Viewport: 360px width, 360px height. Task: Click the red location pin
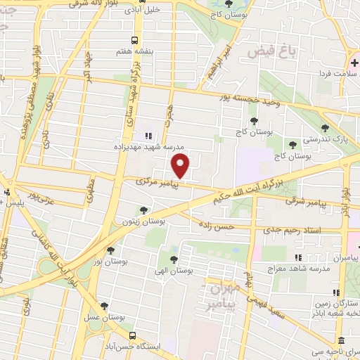click(x=181, y=166)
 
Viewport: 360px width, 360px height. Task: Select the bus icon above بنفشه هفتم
click(x=136, y=40)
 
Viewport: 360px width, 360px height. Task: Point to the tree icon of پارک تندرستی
click(x=324, y=127)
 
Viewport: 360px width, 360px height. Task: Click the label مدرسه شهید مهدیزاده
click(x=149, y=148)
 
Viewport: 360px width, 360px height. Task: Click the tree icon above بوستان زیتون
click(x=143, y=210)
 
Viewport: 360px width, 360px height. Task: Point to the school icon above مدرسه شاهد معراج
click(x=297, y=258)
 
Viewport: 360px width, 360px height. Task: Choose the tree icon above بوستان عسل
click(x=105, y=306)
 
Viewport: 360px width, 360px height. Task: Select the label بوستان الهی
click(x=174, y=270)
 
